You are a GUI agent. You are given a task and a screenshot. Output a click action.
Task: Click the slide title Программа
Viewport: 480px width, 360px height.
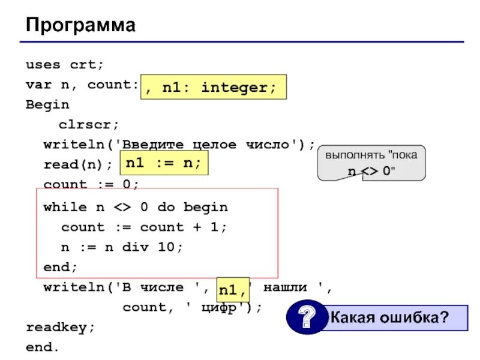click(80, 25)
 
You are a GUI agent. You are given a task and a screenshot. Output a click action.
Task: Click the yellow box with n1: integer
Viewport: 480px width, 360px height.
click(214, 88)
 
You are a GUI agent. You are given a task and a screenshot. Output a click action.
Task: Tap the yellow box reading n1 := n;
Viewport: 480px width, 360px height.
click(164, 163)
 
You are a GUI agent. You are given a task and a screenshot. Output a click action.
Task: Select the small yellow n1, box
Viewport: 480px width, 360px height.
click(232, 290)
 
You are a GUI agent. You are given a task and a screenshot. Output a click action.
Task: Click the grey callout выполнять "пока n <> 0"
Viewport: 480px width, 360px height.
click(371, 163)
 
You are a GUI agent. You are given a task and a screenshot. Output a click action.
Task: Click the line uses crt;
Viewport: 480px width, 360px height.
click(65, 64)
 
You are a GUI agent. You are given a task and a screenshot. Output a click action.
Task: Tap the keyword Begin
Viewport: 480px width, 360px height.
click(47, 104)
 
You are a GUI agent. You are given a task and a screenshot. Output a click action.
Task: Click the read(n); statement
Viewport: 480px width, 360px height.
click(78, 164)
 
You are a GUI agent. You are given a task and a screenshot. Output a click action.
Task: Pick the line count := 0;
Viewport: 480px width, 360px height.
click(91, 184)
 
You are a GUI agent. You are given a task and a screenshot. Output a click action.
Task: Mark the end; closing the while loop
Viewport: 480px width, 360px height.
click(61, 266)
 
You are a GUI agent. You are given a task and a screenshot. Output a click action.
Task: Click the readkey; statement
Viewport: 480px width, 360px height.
click(61, 328)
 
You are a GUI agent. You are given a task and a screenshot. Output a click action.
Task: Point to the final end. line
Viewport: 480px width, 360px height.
click(43, 347)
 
